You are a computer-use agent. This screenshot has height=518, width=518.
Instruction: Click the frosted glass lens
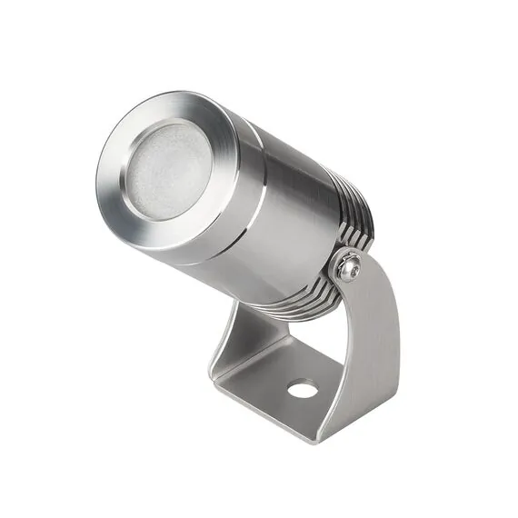[169, 170]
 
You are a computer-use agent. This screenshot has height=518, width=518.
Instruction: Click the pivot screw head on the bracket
[349, 265]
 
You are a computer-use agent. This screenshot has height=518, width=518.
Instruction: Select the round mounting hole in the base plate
[304, 390]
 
